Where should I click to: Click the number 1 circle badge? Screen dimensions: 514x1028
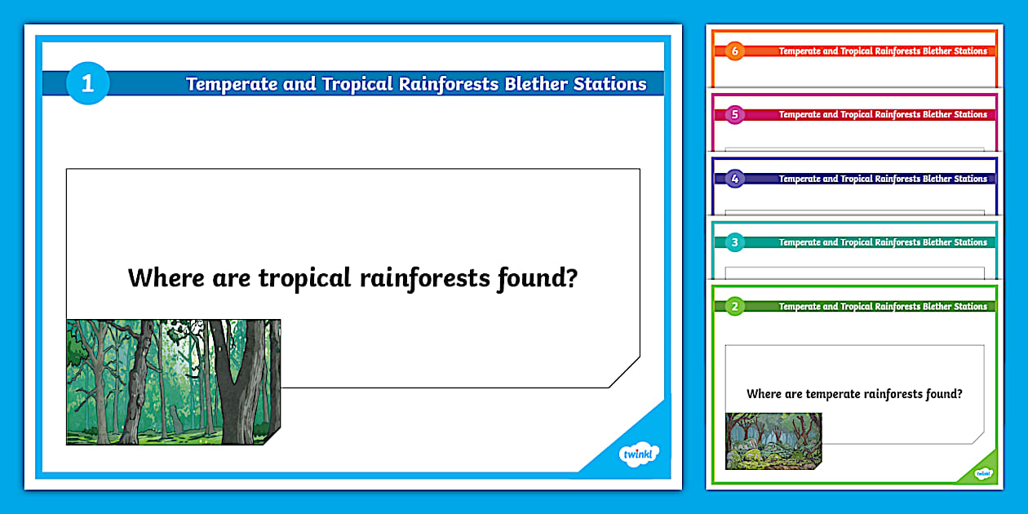click(87, 83)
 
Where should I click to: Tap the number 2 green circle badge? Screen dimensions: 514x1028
click(735, 307)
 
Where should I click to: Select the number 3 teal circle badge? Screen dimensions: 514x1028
click(735, 242)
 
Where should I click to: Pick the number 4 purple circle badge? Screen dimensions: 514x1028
click(735, 179)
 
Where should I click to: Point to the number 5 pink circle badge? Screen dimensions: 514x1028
click(735, 115)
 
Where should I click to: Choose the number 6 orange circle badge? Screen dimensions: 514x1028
click(735, 51)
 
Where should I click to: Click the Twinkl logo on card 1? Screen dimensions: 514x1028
click(638, 454)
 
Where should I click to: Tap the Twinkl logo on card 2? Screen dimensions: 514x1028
click(983, 472)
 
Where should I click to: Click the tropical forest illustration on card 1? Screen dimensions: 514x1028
click(173, 382)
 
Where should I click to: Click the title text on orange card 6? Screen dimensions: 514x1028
click(883, 51)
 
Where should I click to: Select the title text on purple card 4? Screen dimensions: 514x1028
click(883, 179)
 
